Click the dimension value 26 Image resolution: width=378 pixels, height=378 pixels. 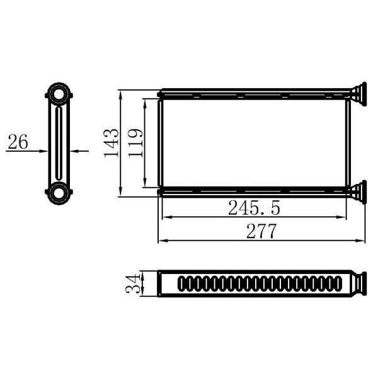click(18, 142)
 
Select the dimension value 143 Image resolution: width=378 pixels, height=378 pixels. click(111, 143)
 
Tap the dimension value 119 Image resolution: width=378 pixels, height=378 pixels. click(135, 143)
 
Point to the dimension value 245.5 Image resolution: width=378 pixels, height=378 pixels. click(254, 207)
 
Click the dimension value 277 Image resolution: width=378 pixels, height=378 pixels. click(261, 231)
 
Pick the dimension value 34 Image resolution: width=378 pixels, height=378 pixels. click(133, 283)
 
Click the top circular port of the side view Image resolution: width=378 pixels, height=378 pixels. click(59, 94)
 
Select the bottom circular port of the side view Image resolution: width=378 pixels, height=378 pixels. click(59, 192)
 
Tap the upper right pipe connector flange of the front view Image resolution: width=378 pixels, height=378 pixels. click(358, 94)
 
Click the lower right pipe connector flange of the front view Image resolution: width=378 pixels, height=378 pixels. click(358, 191)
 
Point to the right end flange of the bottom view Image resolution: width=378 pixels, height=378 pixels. click(359, 283)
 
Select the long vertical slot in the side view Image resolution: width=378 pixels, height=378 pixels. click(59, 144)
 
